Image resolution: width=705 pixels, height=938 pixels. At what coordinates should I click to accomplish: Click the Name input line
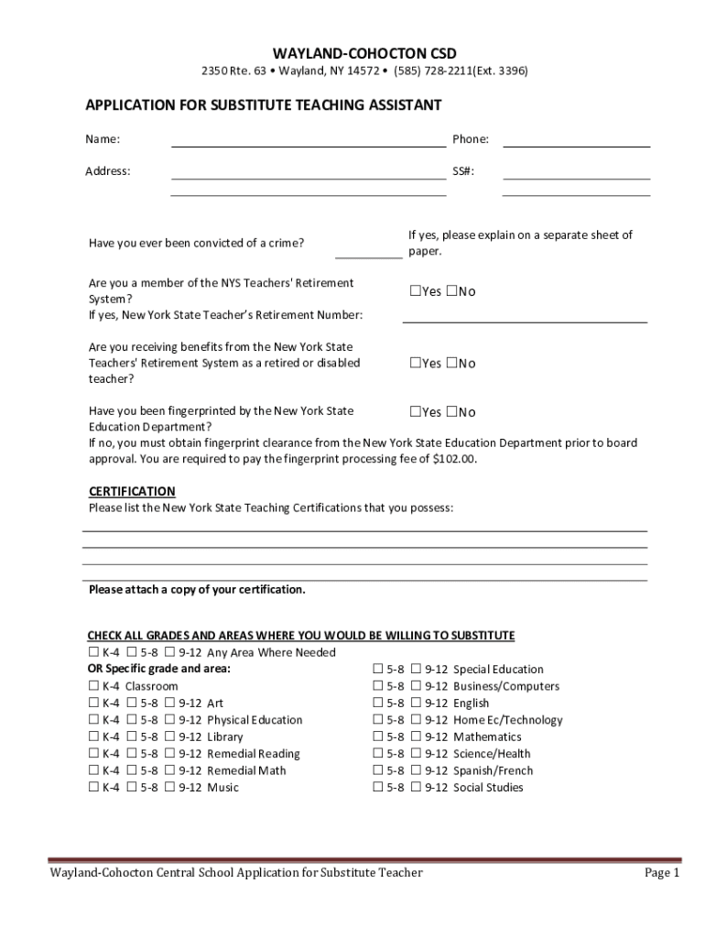point(309,143)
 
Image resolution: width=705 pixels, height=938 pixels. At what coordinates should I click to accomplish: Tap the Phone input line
point(576,143)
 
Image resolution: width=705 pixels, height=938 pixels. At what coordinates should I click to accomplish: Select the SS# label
point(462,171)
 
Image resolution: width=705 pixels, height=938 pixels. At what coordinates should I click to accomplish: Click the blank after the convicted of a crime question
point(368,255)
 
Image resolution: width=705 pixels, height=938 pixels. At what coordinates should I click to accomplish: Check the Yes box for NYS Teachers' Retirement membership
point(415,291)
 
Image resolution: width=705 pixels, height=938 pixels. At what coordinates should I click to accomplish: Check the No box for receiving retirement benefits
point(451,363)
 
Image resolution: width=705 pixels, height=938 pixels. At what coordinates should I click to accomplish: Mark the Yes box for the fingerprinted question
point(415,412)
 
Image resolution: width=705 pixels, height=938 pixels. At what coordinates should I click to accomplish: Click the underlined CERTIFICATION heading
point(132,492)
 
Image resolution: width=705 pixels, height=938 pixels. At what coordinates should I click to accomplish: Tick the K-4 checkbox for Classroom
point(93,686)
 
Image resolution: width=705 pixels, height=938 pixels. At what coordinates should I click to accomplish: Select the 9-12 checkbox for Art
point(169,703)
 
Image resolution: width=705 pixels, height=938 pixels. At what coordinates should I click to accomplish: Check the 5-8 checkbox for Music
point(132,788)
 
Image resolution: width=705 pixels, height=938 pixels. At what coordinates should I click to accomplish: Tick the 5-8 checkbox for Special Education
point(378,670)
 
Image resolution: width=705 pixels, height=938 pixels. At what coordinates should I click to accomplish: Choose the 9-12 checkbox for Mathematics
point(416,737)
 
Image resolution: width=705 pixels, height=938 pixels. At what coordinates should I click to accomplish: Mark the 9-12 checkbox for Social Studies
point(416,788)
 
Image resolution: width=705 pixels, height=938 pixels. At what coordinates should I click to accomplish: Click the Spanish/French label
point(493,770)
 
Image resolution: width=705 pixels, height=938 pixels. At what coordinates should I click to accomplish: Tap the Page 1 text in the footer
point(661,873)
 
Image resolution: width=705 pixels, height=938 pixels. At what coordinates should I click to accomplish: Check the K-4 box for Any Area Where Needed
point(93,652)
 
